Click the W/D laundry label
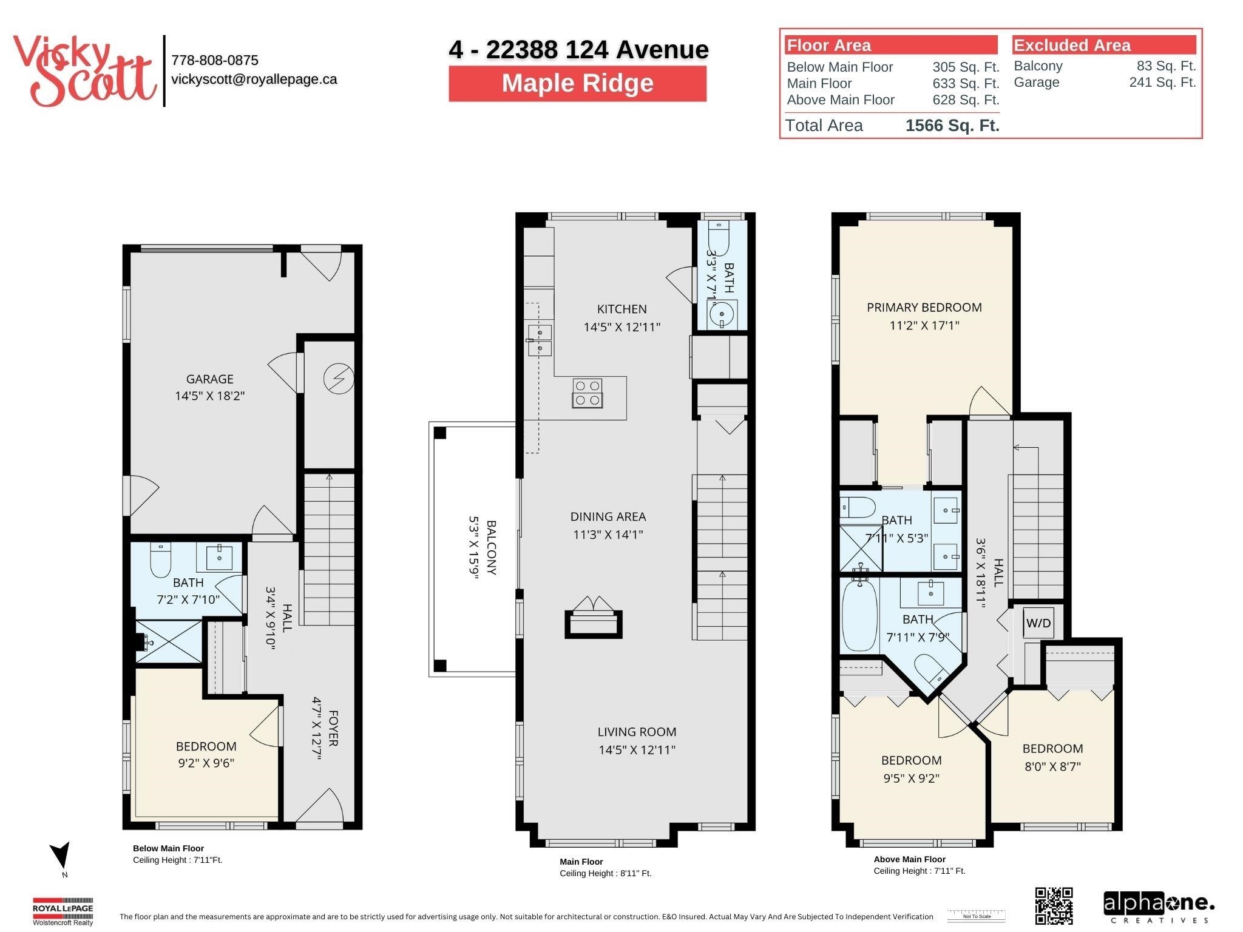click(1038, 623)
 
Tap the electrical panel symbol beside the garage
click(338, 379)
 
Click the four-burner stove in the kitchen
click(588, 393)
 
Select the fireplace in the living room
click(594, 620)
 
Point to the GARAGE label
click(209, 379)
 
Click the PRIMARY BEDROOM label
click(924, 308)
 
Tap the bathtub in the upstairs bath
click(859, 614)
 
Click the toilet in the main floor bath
click(719, 234)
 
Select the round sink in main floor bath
click(722, 314)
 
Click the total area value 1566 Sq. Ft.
click(952, 126)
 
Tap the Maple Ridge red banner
click(577, 84)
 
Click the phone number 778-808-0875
click(215, 60)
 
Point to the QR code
click(1054, 905)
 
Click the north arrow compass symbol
click(61, 856)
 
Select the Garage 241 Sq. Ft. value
click(1162, 83)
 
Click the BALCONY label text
click(491, 547)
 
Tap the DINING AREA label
click(608, 516)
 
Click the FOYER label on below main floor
click(333, 728)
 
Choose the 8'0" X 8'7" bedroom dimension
click(1052, 766)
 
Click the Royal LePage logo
click(63, 910)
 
